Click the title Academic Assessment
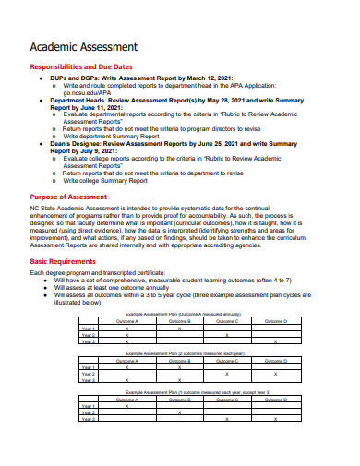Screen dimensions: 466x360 coord(84,46)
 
